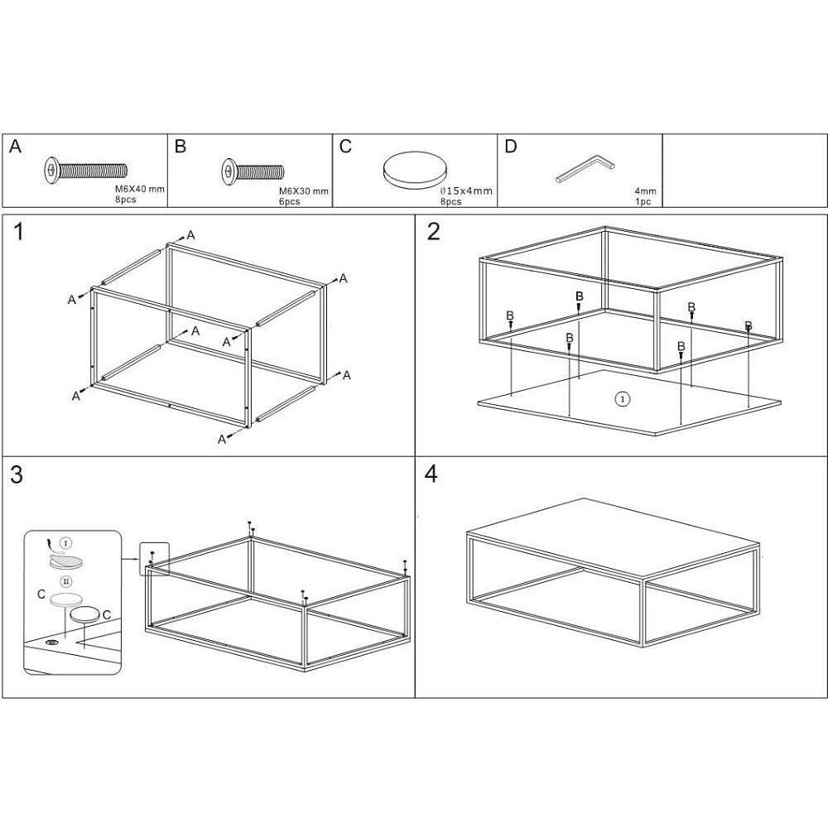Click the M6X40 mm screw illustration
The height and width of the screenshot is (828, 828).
click(85, 171)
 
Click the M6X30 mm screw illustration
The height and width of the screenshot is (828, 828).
click(253, 171)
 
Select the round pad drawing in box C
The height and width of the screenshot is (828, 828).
click(415, 170)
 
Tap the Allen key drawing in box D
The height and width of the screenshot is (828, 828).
click(585, 168)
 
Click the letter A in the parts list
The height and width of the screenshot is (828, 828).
click(15, 147)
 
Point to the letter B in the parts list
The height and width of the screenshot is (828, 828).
click(180, 147)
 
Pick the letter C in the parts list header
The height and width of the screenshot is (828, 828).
click(345, 147)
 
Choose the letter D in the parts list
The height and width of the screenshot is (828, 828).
click(510, 147)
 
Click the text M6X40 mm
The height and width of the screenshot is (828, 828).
click(140, 189)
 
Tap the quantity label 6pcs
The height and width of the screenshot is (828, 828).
click(289, 201)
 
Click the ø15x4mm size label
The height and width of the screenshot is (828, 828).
click(466, 190)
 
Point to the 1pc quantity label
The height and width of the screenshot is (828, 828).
click(643, 202)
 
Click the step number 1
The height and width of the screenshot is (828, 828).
click(18, 232)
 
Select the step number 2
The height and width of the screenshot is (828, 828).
click(433, 232)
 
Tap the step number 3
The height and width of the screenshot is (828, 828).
click(17, 474)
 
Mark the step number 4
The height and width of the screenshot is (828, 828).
click(431, 474)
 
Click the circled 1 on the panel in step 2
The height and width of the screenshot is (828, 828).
click(623, 399)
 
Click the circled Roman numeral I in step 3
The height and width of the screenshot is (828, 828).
click(66, 543)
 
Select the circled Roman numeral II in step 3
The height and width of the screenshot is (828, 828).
click(66, 581)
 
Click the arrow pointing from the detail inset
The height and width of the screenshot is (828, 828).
click(130, 559)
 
